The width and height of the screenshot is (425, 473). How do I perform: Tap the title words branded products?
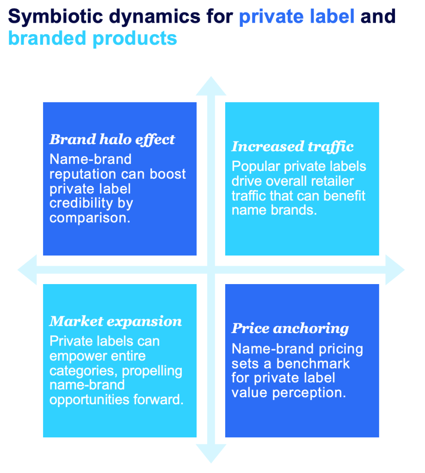[x=92, y=39]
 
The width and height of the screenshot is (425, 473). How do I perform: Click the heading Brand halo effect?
[x=112, y=139]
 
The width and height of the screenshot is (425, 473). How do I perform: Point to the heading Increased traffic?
[x=292, y=146]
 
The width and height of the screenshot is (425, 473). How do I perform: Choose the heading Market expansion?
[x=116, y=321]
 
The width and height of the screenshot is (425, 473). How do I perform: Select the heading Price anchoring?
[x=290, y=329]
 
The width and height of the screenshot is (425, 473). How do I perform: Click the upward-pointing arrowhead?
[x=211, y=86]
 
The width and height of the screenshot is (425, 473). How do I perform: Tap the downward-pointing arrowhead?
[x=211, y=454]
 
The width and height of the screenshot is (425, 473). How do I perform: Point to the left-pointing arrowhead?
[x=27, y=270]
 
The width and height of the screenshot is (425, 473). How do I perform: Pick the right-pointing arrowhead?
[x=395, y=270]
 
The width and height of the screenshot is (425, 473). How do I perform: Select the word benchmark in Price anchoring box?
[x=313, y=364]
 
